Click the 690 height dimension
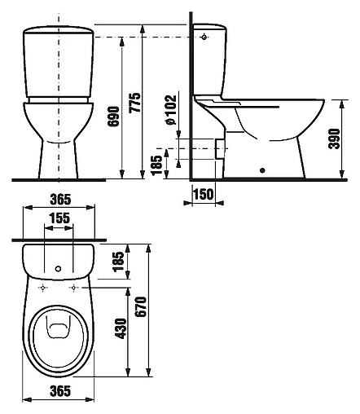pos(113,117)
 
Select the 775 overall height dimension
pos(135,103)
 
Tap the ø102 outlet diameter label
pos(171,110)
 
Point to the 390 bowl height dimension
pos(334,139)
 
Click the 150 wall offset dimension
pos(204,194)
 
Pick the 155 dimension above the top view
pos(59,218)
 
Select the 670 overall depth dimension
pos(141,306)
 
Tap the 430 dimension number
pos(121,328)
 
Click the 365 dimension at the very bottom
pos(60,391)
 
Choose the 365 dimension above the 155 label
pos(60,200)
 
